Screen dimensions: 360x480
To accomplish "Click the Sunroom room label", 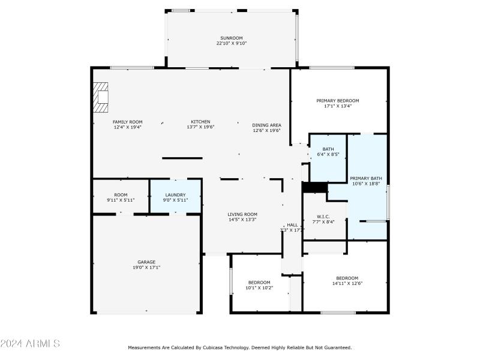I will (x=232, y=38).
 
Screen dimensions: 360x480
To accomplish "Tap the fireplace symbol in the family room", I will (x=101, y=97).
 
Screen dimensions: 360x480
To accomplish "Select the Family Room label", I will (x=127, y=122).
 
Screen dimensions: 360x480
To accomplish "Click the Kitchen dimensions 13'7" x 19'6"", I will (x=200, y=127).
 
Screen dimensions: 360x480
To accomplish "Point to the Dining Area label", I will (x=266, y=125).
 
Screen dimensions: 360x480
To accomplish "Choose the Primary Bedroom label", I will (x=337, y=101).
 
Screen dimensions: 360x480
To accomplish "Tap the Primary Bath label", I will (x=366, y=178).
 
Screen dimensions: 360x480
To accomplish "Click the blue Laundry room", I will (x=175, y=197).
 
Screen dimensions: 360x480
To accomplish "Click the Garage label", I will (x=146, y=262).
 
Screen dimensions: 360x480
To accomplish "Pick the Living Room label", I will (x=242, y=214).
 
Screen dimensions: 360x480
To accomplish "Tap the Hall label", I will (x=292, y=225).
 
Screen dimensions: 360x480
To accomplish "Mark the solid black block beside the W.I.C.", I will (x=314, y=187).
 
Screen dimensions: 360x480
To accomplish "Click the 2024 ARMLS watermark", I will (x=30, y=344).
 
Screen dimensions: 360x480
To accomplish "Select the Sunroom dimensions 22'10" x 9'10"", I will (x=232, y=43).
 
